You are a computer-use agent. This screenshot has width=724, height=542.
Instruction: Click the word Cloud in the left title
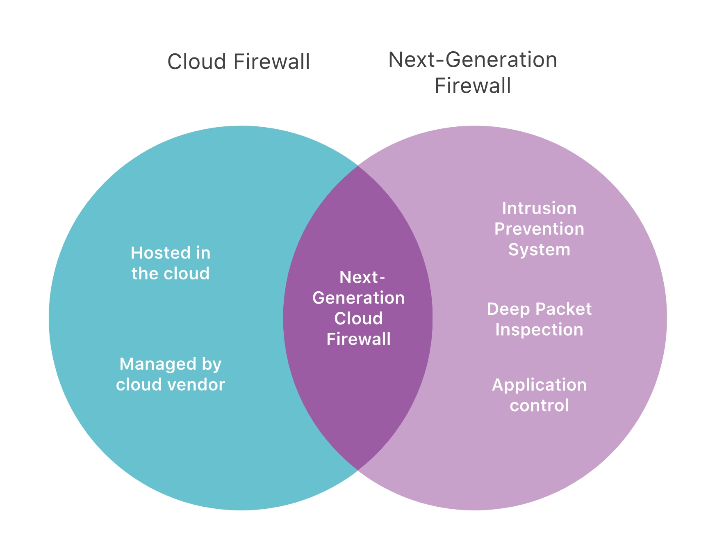[x=197, y=62]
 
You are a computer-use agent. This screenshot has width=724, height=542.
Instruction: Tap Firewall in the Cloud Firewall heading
[x=271, y=62]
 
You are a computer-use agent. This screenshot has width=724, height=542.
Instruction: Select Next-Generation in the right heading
[x=472, y=60]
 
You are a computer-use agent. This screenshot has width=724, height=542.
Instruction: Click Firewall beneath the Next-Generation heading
[x=472, y=86]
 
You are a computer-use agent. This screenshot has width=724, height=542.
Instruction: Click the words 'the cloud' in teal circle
[x=170, y=274]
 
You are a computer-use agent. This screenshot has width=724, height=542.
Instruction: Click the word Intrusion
[x=539, y=208]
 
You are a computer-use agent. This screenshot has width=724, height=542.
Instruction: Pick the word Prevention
[x=539, y=229]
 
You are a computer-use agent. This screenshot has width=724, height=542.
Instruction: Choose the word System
[x=539, y=250]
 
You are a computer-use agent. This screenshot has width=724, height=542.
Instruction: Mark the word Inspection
[x=539, y=330]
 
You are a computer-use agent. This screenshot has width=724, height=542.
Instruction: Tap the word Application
[x=539, y=385]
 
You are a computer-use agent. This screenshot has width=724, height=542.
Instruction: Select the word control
[x=539, y=406]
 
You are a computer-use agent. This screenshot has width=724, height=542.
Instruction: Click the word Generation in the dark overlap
[x=358, y=298]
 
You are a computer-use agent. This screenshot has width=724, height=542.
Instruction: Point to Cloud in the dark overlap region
[x=358, y=319]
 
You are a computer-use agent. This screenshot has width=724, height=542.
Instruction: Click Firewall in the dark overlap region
[x=358, y=339]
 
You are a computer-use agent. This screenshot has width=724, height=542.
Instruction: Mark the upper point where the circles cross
[x=358, y=166]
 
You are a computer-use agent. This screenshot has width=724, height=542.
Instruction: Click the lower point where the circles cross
[x=358, y=470]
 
